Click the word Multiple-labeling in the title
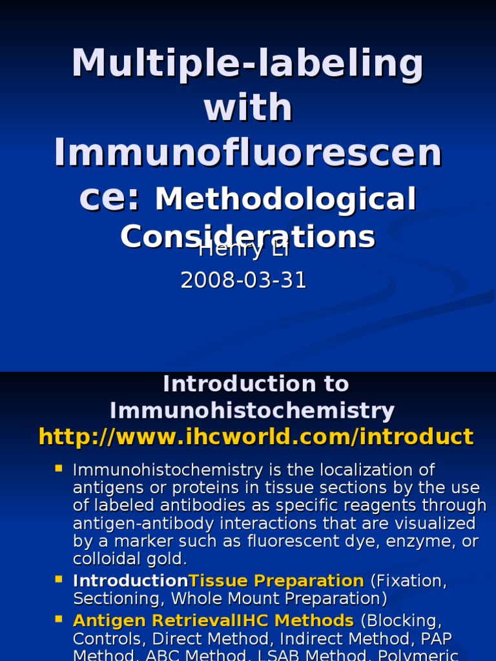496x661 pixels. point(248,64)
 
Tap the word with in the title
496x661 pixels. point(248,107)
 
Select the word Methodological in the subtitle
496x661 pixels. point(285,199)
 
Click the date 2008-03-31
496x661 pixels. point(243,280)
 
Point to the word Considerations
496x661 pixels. point(248,237)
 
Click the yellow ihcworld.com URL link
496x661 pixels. point(256,437)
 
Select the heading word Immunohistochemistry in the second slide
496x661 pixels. point(252,411)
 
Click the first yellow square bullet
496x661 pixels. point(59,468)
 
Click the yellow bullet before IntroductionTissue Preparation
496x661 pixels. point(59,578)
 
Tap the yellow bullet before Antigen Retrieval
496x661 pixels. point(59,618)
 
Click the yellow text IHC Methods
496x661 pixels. point(296,621)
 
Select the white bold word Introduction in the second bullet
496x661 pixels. point(130,581)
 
